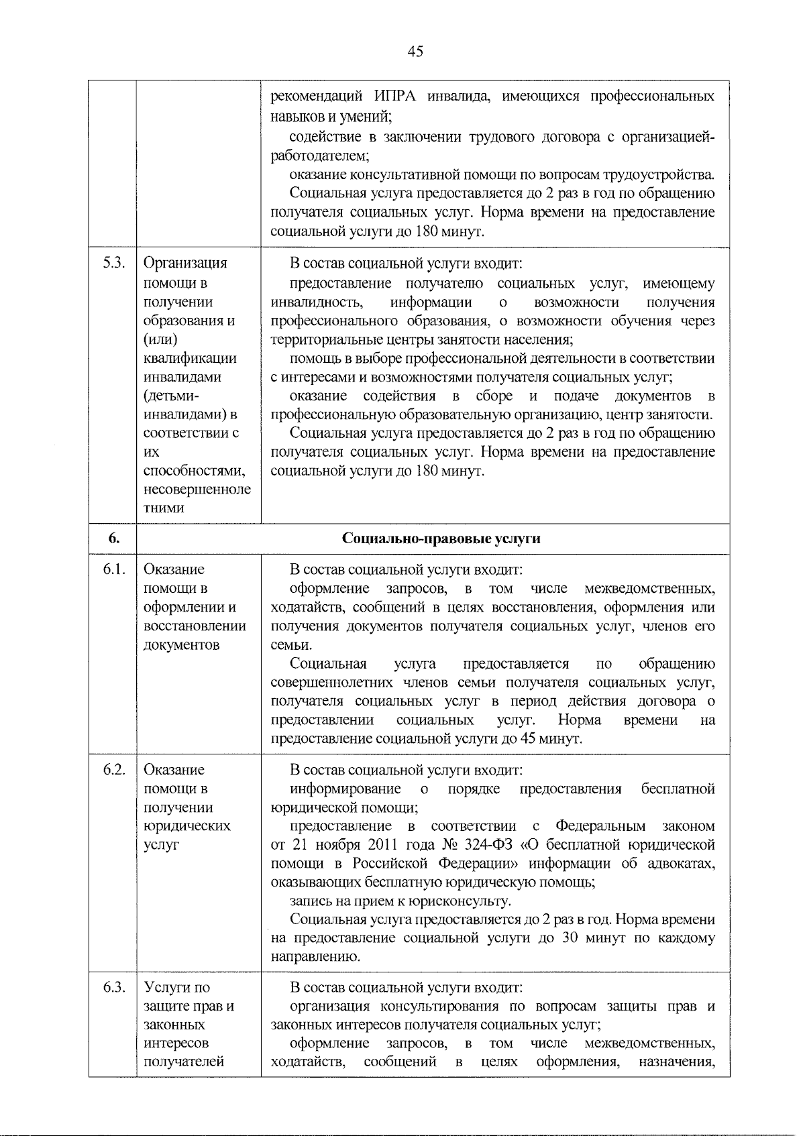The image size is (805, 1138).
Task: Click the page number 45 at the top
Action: [x=415, y=52]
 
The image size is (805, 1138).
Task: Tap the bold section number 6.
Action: [x=113, y=539]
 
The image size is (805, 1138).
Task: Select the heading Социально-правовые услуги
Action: [x=441, y=539]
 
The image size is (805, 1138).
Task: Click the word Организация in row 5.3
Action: [x=185, y=263]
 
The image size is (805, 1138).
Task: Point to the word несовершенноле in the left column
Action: [x=197, y=489]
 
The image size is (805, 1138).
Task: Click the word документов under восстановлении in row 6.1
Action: [x=181, y=644]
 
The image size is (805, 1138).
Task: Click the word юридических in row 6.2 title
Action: [x=186, y=826]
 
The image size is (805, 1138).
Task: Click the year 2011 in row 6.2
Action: [x=382, y=844]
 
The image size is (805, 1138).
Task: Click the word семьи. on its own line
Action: [x=291, y=645]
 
